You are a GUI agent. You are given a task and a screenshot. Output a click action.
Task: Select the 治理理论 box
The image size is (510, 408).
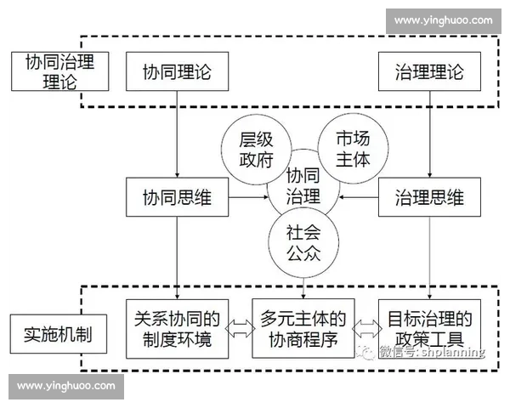pyautogui.click(x=430, y=72)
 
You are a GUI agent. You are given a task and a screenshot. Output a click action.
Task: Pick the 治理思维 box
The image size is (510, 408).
pyautogui.click(x=430, y=198)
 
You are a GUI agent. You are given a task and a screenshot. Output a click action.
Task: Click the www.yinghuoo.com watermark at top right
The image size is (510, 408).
pyautogui.click(x=444, y=20)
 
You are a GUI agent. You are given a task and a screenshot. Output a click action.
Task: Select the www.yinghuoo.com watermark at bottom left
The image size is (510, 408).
pyautogui.click(x=65, y=386)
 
